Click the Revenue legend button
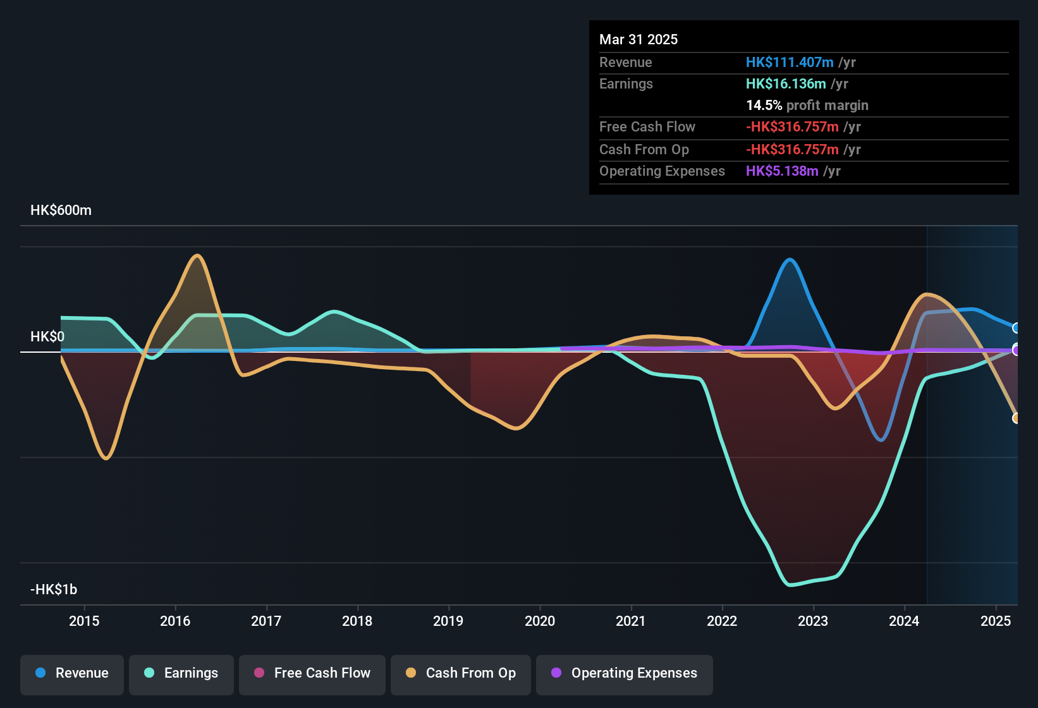[72, 673]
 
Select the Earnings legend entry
[181, 673]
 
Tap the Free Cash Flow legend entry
[312, 673]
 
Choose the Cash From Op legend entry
[460, 673]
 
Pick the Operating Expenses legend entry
[624, 673]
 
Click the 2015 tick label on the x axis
[84, 621]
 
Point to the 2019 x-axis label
[448, 621]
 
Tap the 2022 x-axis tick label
[722, 621]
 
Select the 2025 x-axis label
[996, 621]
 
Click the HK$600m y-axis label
[61, 211]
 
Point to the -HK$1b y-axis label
[54, 590]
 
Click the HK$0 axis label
[47, 337]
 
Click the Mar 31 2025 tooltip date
[638, 40]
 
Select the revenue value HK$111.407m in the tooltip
[790, 63]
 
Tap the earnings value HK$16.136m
[786, 84]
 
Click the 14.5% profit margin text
[807, 106]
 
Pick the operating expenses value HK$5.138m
[782, 171]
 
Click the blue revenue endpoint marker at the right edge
[1016, 328]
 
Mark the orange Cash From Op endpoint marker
[1016, 418]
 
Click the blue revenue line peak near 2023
[789, 259]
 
